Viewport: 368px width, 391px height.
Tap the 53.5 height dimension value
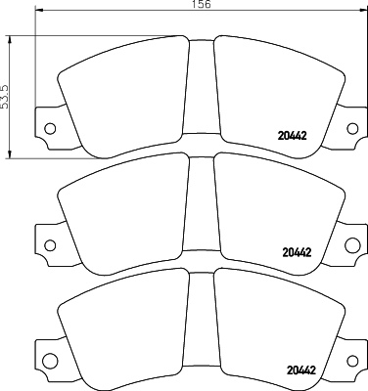point(7,94)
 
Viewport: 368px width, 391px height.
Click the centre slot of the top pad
point(201,93)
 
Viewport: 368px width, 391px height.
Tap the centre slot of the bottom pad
point(201,325)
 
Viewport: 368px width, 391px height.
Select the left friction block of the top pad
point(122,98)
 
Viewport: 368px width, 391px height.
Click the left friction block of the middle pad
point(122,215)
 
